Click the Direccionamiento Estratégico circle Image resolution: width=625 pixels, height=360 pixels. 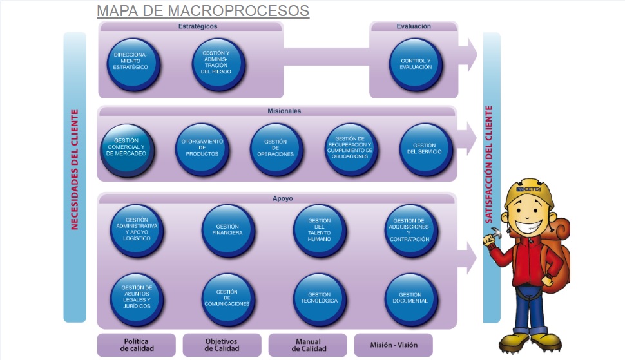(x=133, y=64)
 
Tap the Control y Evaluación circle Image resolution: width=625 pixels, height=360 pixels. (x=415, y=64)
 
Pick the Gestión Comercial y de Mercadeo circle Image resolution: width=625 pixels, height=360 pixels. (x=126, y=150)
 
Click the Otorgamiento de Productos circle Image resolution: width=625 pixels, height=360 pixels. (x=202, y=150)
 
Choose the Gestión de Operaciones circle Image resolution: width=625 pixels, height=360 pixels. (x=276, y=150)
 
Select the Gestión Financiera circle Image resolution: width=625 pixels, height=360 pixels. (x=229, y=230)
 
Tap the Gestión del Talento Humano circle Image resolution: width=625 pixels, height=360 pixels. (x=320, y=230)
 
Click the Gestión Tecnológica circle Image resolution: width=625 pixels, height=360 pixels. (x=320, y=299)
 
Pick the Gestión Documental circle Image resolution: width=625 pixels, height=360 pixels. (x=410, y=299)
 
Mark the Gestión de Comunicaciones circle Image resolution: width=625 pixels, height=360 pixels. (x=228, y=299)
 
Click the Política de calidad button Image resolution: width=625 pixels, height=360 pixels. (x=137, y=345)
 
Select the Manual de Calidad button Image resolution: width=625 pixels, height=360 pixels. (x=307, y=345)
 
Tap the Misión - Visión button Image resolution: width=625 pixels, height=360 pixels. (x=394, y=345)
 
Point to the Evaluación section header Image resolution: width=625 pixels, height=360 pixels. (x=414, y=26)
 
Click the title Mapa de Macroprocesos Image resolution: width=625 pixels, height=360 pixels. (x=203, y=11)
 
